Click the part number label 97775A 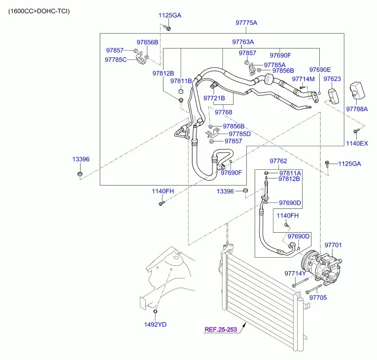pos(247,23)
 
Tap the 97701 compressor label pos(333,245)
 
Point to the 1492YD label pos(155,324)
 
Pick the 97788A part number pos(357,109)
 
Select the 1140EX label pos(357,143)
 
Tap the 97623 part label pos(332,79)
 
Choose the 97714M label pos(303,79)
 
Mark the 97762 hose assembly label pos(279,161)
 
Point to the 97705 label pos(318,298)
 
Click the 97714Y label pos(295,273)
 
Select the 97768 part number pos(223,112)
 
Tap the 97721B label pos(214,98)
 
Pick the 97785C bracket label pos(116,59)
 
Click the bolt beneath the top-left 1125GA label pos(168,28)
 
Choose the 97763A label pos(243,42)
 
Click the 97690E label pos(320,70)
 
